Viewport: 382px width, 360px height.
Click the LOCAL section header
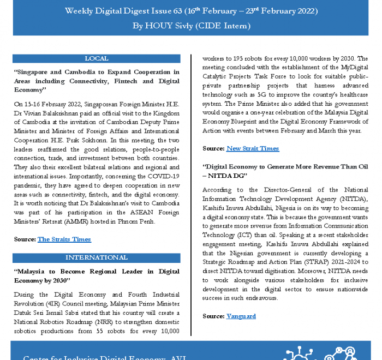pyautogui.click(x=97, y=58)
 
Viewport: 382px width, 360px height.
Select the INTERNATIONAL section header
pyautogui.click(x=97, y=257)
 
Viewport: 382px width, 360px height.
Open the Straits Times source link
pyautogui.click(x=64, y=239)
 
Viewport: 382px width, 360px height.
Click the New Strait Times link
pyautogui.click(x=253, y=148)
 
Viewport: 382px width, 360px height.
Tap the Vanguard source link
pyautogui.click(x=241, y=316)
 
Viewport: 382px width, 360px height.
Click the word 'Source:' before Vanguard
pyautogui.click(x=213, y=316)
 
